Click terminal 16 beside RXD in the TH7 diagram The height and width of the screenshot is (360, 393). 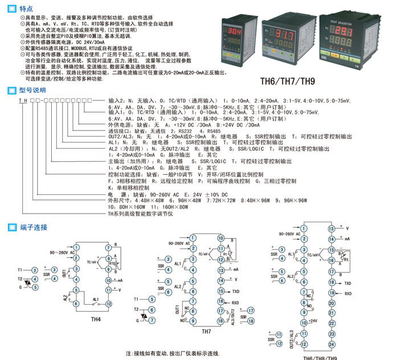point(220,301)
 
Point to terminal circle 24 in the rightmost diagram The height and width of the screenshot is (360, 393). point(331,345)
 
